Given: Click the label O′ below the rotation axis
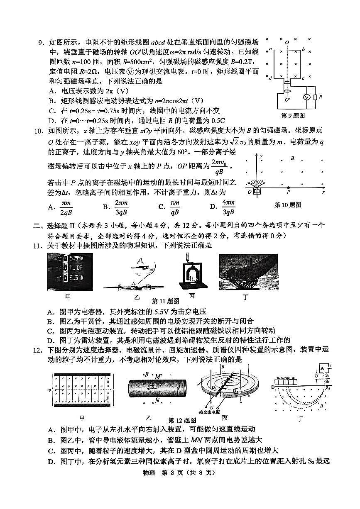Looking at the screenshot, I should pos(287,100).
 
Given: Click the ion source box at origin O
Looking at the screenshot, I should pos(257,191).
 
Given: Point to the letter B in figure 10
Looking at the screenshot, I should pos(292,158).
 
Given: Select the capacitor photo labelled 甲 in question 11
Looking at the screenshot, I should pos(69,271).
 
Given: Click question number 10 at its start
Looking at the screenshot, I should pos(39,131).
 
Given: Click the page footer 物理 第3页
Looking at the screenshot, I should pos(179,472).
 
